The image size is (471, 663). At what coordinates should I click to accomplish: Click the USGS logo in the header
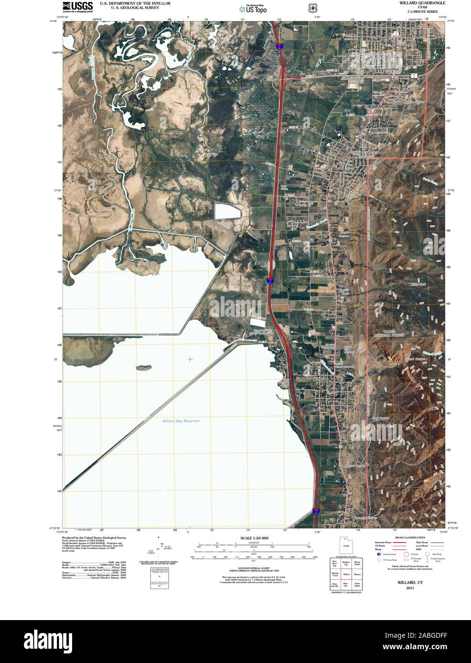click(76, 6)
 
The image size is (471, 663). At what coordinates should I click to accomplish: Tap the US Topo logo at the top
click(256, 8)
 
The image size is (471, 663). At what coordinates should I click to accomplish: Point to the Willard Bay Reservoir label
click(181, 421)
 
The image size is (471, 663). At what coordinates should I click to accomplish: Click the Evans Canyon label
click(409, 121)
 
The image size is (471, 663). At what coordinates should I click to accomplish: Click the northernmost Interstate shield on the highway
click(278, 46)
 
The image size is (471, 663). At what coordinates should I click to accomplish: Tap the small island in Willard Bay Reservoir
click(143, 367)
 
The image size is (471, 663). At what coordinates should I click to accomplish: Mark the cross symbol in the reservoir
click(190, 359)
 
